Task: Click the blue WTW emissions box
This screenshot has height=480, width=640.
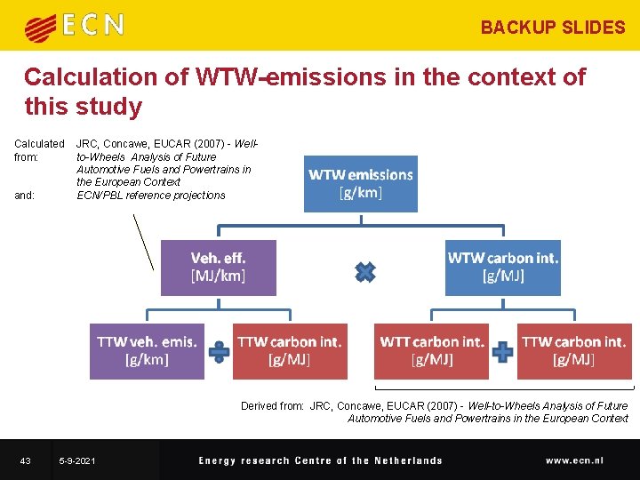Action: [360, 184]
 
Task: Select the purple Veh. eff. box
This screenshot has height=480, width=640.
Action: [218, 268]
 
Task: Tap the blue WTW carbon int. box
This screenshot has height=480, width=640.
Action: [502, 268]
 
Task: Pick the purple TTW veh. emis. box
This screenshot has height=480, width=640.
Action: [147, 351]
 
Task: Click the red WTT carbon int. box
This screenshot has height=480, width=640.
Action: [431, 351]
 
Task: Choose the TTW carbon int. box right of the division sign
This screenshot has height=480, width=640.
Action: [289, 351]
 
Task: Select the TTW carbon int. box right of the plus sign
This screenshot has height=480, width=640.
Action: [573, 351]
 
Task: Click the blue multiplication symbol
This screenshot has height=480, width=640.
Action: [364, 272]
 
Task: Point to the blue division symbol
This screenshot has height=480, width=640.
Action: [219, 352]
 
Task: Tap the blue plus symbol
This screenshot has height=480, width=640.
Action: [503, 352]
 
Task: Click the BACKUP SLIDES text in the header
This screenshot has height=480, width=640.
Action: [552, 28]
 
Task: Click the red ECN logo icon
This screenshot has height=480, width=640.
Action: [40, 27]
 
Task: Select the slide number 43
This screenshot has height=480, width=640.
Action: [25, 460]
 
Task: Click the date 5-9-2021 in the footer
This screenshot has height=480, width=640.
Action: [77, 460]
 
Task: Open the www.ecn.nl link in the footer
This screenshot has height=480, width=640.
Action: [574, 460]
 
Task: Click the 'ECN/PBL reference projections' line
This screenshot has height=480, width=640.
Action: [151, 196]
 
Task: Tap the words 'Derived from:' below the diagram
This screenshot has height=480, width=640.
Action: [272, 406]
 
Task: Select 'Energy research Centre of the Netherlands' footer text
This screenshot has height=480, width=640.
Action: [320, 460]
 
